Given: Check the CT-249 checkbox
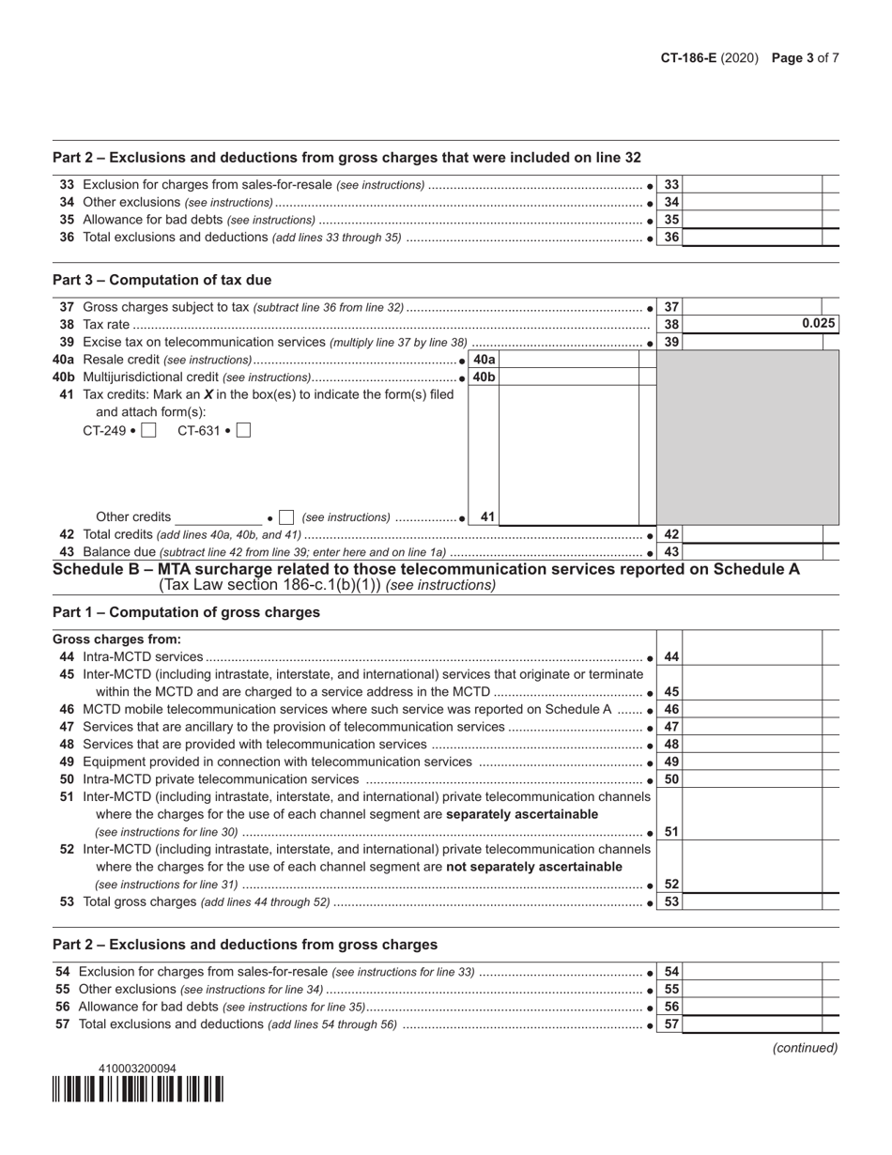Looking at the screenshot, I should click(148, 431).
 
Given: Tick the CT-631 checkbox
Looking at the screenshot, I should click(243, 431).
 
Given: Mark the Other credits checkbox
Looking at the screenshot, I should click(287, 517).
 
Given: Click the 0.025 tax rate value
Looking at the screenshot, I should click(818, 324).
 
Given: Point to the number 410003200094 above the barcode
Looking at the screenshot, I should click(137, 1069).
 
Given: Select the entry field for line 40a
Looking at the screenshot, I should click(568, 360).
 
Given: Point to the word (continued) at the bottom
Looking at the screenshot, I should click(805, 1048).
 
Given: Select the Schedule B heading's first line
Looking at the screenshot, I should click(426, 569).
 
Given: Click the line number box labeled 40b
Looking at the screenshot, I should click(484, 377).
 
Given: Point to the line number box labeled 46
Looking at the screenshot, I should click(670, 710).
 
